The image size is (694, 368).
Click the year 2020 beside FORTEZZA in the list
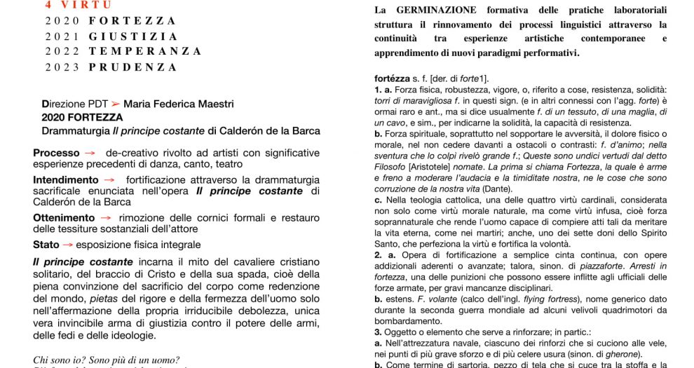click(62, 21)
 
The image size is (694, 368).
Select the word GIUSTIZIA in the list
click(133, 36)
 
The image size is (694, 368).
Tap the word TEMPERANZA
click(145, 52)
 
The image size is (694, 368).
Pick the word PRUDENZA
click(133, 67)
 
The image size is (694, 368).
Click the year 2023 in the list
click(62, 67)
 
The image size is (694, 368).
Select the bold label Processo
click(56, 153)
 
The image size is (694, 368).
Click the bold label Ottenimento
click(64, 218)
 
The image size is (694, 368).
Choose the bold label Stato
click(46, 245)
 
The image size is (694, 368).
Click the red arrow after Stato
click(68, 245)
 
